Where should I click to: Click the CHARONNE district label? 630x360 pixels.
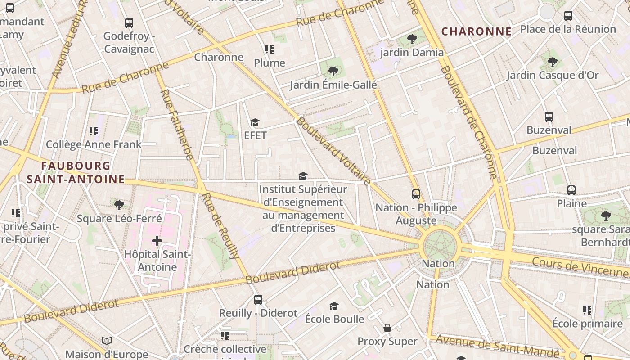(x=476, y=31)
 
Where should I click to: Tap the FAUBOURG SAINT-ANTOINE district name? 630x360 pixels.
(x=76, y=173)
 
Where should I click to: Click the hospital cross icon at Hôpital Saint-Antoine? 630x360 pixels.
(x=157, y=241)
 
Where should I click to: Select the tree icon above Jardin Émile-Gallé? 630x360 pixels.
(x=333, y=72)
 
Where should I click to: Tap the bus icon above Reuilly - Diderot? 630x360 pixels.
(x=258, y=300)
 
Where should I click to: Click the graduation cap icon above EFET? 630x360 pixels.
(x=255, y=123)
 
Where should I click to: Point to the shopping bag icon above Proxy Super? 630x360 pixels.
(x=387, y=328)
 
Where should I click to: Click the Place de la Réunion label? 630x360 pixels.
(x=568, y=29)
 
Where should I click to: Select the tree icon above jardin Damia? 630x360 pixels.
(x=412, y=39)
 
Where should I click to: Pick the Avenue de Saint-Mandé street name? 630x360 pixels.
(x=497, y=345)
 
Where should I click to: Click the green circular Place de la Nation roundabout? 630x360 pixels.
(x=439, y=246)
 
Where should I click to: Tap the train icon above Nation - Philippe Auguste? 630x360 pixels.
(x=416, y=194)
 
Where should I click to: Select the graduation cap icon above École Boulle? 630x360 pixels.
(x=334, y=306)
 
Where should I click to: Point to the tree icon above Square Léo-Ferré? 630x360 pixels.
(x=119, y=206)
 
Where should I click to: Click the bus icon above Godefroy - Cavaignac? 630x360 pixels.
(x=129, y=22)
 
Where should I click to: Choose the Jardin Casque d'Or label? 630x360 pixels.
(x=553, y=75)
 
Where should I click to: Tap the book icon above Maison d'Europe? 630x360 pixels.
(x=107, y=341)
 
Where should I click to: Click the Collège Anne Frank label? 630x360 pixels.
(x=94, y=144)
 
